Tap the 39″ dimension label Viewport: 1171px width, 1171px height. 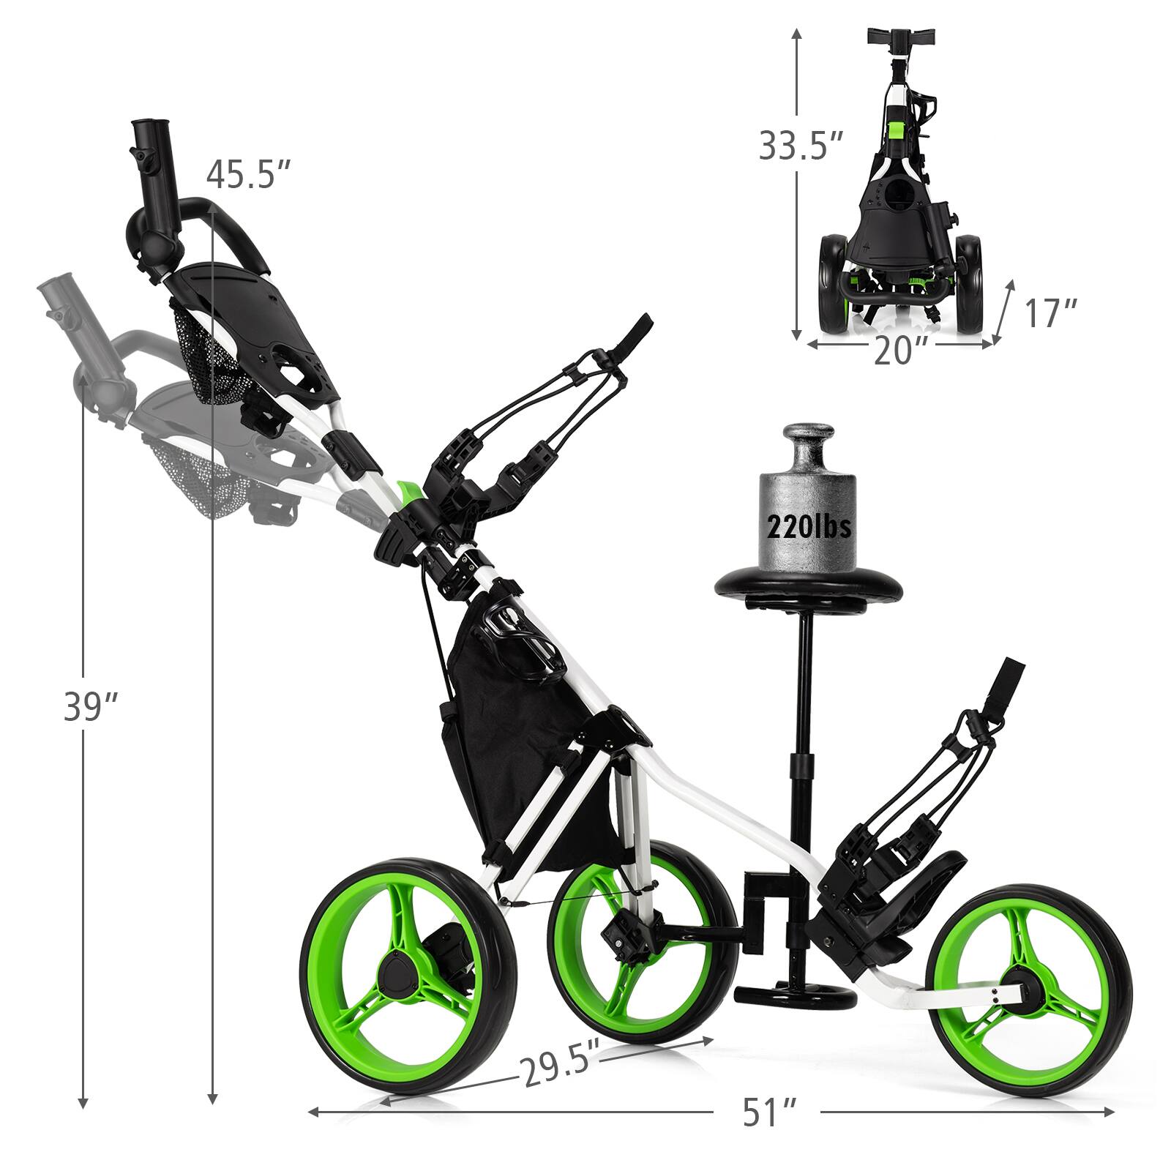[x=91, y=707]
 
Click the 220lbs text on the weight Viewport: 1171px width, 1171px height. [x=809, y=525]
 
